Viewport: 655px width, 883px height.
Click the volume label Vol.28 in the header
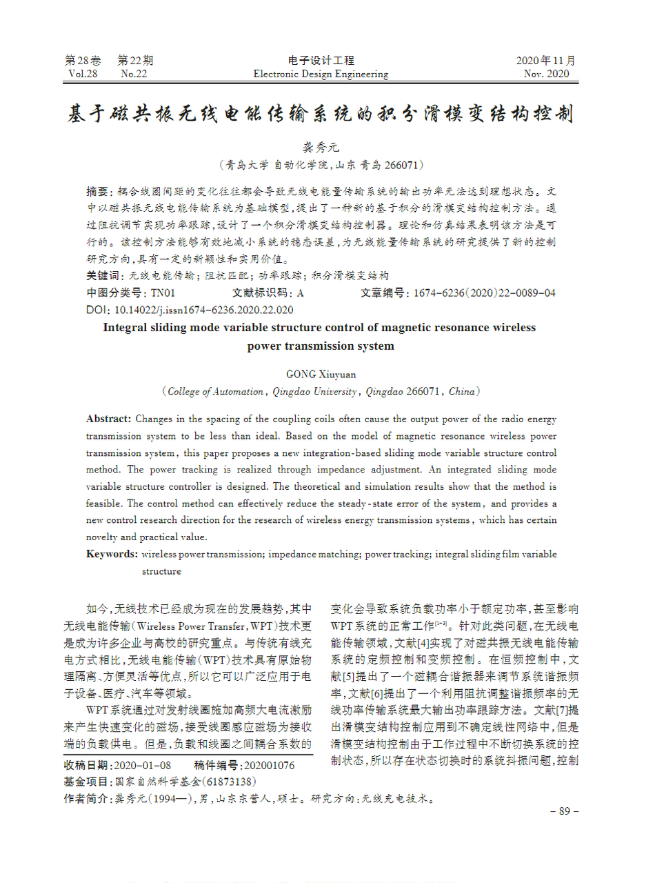pyautogui.click(x=83, y=74)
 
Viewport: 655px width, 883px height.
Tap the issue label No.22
pyautogui.click(x=134, y=74)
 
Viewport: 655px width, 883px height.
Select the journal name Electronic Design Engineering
pyautogui.click(x=321, y=74)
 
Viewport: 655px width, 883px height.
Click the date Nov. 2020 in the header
pyautogui.click(x=547, y=74)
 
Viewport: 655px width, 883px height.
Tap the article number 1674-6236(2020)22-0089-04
pyautogui.click(x=484, y=293)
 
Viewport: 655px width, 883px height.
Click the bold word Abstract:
pyautogui.click(x=108, y=419)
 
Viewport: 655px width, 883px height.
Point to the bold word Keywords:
pyautogui.click(x=112, y=554)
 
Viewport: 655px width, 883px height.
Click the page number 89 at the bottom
pyautogui.click(x=564, y=811)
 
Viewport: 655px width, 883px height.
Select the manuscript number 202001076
pyautogui.click(x=269, y=766)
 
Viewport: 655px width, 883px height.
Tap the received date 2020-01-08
pyautogui.click(x=142, y=766)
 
